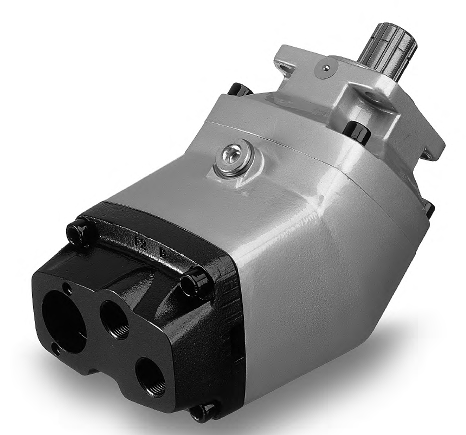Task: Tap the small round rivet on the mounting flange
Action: [326, 69]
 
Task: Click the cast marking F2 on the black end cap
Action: [142, 242]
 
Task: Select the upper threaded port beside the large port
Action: [114, 320]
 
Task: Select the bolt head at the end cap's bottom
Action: [204, 412]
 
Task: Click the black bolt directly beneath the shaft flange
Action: [357, 131]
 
